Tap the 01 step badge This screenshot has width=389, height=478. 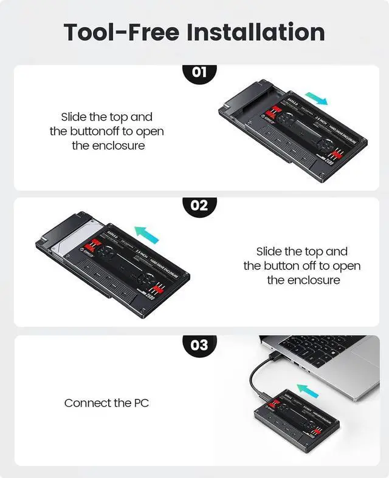[x=199, y=73]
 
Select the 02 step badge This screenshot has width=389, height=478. [x=199, y=205]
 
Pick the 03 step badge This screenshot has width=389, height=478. [x=199, y=345]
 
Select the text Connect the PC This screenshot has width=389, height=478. [x=107, y=403]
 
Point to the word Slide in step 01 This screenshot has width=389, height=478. [x=74, y=116]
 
